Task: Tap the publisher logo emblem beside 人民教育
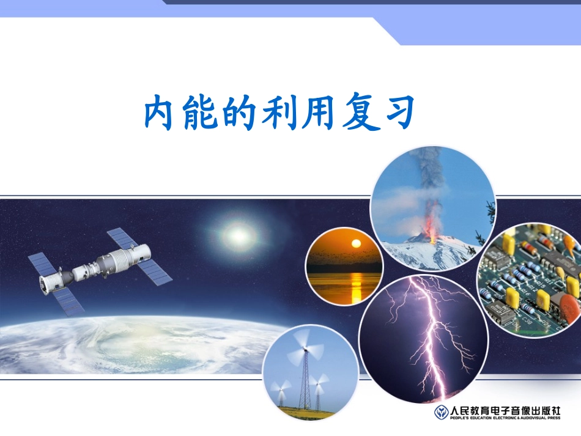(441, 412)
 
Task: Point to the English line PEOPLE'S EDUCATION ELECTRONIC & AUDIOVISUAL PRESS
(505, 418)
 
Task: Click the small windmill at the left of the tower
(283, 389)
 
